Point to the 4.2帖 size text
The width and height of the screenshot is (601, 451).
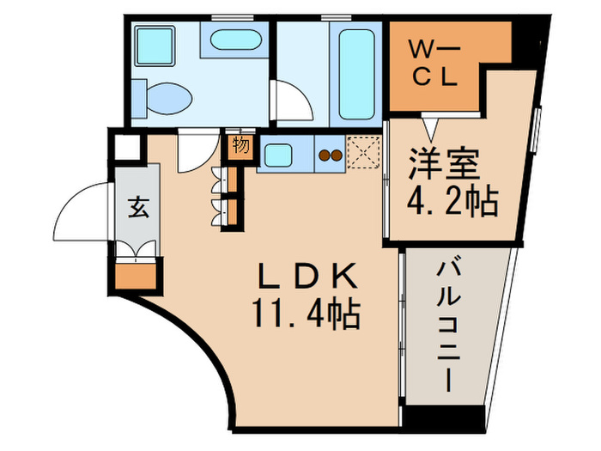tap(452, 203)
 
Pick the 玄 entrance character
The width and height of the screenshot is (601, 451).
tap(137, 207)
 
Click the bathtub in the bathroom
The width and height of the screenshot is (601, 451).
tap(355, 75)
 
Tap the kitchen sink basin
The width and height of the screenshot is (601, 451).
tap(278, 155)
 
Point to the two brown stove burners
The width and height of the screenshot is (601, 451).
tap(331, 155)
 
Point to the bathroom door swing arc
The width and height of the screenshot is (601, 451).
tap(294, 101)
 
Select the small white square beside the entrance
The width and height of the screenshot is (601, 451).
tap(127, 147)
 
